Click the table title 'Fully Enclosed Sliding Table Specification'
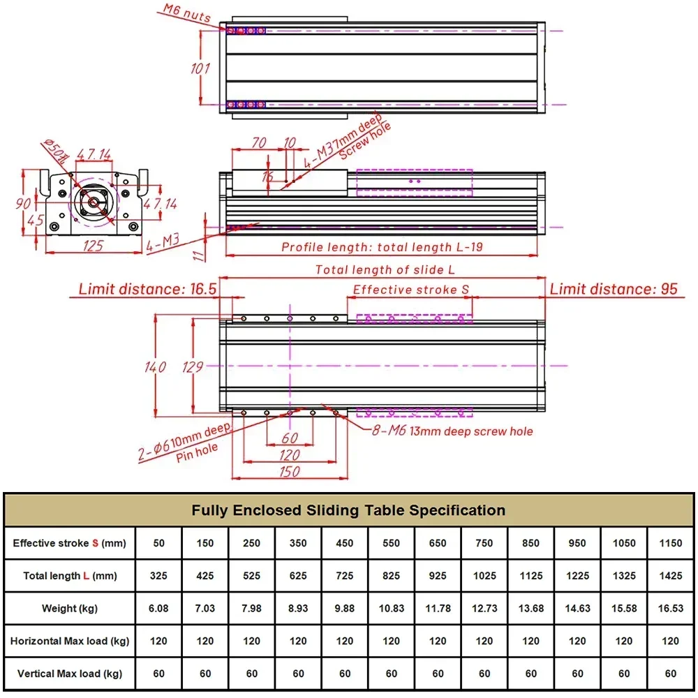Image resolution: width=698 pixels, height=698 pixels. tap(348, 510)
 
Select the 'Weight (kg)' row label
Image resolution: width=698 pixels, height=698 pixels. tap(69, 608)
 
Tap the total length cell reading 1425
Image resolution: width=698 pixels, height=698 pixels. tap(671, 576)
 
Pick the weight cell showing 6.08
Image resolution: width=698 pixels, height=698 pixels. tap(158, 608)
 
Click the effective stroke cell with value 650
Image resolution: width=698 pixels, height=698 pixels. tap(438, 543)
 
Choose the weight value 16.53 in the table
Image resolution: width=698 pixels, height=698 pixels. tap(671, 608)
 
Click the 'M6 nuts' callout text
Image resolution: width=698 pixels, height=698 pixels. tap(187, 13)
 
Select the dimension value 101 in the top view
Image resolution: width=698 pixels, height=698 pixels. tap(200, 68)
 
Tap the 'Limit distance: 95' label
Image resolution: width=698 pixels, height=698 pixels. tap(614, 288)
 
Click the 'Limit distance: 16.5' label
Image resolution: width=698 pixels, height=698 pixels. tap(147, 288)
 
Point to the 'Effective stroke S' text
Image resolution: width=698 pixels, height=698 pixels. tap(406, 290)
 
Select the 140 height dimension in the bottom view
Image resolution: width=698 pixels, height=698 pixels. tap(156, 366)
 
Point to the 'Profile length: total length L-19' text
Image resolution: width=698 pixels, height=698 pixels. tap(382, 246)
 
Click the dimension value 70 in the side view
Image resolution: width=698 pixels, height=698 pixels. tap(259, 143)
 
